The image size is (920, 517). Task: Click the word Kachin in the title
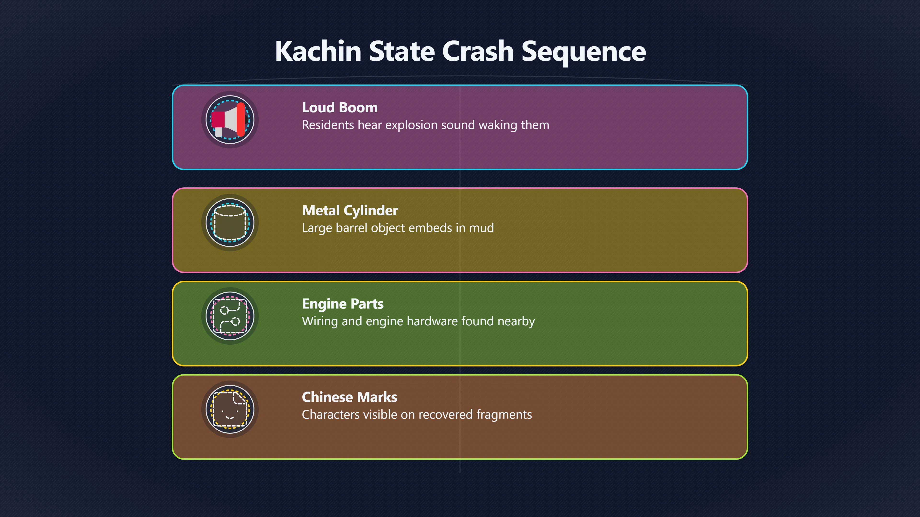coord(318,51)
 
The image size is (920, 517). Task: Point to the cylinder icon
coord(230,223)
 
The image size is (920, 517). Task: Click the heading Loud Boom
coord(340,107)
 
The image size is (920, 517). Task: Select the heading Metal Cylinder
coord(350,211)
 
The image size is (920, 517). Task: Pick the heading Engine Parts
coord(343,304)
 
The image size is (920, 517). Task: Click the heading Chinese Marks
coord(349,397)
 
